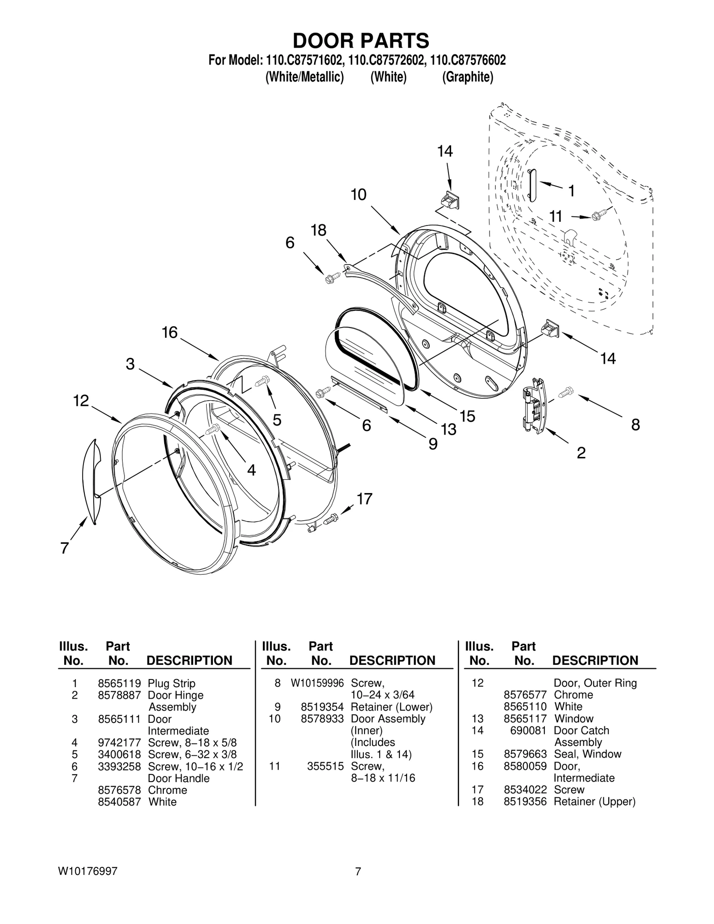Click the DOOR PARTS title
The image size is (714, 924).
pyautogui.click(x=361, y=41)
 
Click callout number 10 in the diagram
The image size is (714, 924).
pyautogui.click(x=358, y=195)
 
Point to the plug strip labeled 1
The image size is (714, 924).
pyautogui.click(x=532, y=186)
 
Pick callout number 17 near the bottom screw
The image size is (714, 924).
pyautogui.click(x=365, y=499)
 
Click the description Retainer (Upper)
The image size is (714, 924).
pyautogui.click(x=594, y=802)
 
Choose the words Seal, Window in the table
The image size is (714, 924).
pyautogui.click(x=587, y=754)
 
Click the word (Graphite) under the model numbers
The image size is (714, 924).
pyautogui.click(x=467, y=77)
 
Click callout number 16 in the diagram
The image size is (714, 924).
pyautogui.click(x=170, y=333)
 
